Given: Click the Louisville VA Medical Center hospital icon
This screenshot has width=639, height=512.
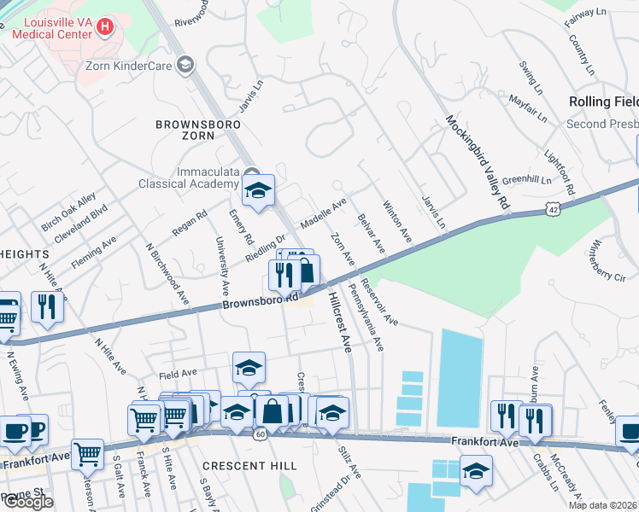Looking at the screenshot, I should tap(105, 27).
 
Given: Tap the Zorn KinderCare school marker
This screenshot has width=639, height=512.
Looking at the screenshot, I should tap(185, 65).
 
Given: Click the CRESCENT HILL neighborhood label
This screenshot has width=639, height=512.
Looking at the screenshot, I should tap(249, 466).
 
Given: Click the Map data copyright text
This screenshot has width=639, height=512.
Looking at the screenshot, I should tap(603, 504).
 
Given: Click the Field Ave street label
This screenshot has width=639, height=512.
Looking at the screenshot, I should tap(178, 373).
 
